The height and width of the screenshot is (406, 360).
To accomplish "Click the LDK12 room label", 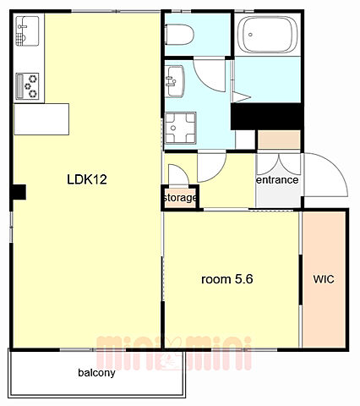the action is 87,179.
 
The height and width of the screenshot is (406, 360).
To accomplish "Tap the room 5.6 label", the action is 227,279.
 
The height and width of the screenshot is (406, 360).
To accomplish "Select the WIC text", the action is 324,279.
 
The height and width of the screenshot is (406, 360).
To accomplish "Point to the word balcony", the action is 96,373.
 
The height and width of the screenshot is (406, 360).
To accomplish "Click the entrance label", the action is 277,180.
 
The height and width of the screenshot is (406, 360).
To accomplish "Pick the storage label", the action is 180,198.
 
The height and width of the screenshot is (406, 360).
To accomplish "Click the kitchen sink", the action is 27,31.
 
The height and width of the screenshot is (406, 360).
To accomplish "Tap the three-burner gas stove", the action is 27,86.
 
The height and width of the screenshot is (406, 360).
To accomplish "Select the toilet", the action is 179,35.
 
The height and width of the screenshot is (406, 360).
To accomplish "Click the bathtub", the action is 267,35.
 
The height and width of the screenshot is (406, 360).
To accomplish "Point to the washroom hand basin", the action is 174,82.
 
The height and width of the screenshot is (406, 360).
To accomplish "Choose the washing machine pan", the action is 180,129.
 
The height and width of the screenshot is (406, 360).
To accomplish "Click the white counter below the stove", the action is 41,119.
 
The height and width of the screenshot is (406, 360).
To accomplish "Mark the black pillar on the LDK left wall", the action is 19,192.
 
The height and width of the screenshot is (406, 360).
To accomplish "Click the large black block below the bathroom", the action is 266,117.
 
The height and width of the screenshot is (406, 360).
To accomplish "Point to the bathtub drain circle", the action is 250,35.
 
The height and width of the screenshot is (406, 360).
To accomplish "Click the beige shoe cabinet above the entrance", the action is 279,140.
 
